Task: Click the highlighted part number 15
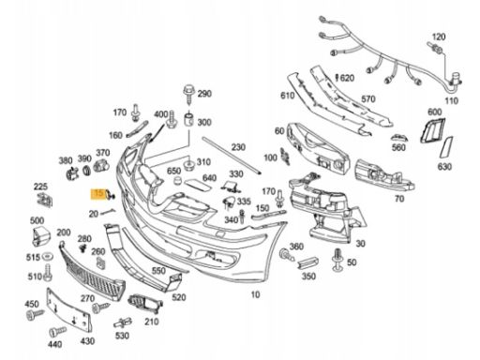point(98,193)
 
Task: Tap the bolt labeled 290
point(189,94)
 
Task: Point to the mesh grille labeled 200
point(91,271)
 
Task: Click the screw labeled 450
point(35,314)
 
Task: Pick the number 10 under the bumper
point(255,294)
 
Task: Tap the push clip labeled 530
point(123,322)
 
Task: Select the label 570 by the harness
point(368,99)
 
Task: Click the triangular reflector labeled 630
point(446,147)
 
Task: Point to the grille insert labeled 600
point(432,129)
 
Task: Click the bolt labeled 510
point(48,272)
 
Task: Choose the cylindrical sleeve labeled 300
point(189,119)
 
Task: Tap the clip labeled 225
point(45,200)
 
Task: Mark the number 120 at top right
point(438,37)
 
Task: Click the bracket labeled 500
point(41,236)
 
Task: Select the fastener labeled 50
point(337,260)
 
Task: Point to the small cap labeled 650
point(178,180)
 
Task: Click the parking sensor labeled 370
point(101,165)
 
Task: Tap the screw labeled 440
point(57,332)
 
